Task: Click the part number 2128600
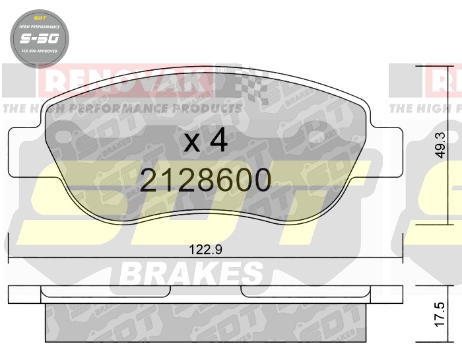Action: [206, 180]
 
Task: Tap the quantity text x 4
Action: [206, 141]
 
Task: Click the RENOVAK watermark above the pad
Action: [125, 82]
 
